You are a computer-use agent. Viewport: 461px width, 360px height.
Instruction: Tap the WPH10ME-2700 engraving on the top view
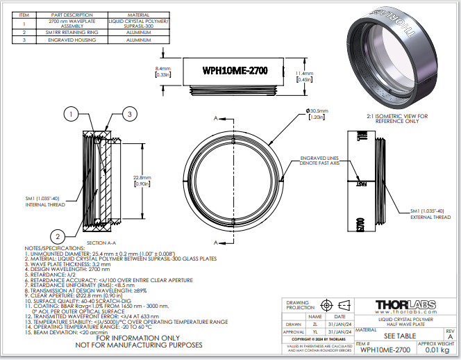pos(235,71)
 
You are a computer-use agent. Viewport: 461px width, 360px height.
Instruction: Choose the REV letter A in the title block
pos(449,336)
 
